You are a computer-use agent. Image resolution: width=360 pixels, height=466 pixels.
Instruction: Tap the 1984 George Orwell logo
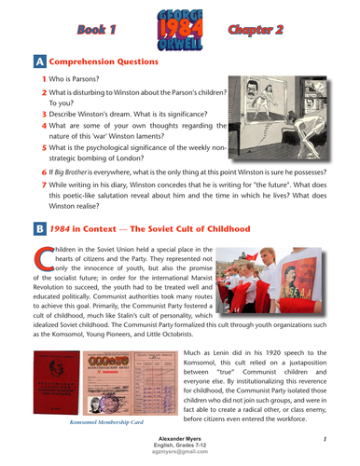point(178,29)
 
